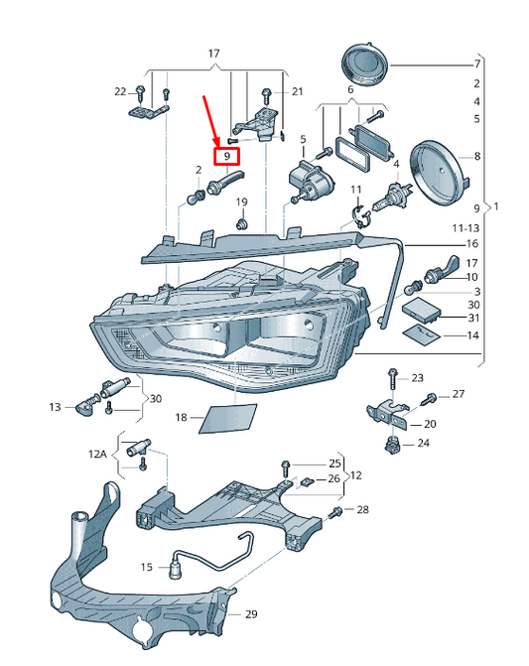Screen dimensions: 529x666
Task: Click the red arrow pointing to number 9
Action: click(211, 122)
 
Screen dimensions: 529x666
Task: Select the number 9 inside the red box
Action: click(227, 156)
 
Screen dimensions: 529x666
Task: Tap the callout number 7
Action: click(477, 65)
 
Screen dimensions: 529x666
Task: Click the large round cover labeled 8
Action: click(439, 173)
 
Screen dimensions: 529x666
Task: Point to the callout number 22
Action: click(120, 91)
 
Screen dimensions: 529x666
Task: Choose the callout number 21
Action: click(297, 91)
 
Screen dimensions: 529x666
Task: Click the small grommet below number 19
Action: click(241, 223)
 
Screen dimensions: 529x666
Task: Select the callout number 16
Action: click(472, 244)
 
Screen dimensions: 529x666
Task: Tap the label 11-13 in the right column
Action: click(465, 228)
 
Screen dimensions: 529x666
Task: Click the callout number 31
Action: click(473, 318)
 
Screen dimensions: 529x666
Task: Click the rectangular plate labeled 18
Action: click(228, 419)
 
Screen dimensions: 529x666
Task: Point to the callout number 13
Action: click(55, 407)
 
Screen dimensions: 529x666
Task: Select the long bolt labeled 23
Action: click(392, 379)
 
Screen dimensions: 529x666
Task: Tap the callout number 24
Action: click(423, 443)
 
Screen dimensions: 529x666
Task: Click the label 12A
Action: click(97, 454)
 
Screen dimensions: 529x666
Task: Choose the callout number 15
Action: click(147, 567)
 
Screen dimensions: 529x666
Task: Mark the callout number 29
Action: click(251, 614)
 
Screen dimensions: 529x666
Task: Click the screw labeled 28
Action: click(335, 513)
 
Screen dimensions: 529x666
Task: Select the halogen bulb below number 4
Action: click(391, 197)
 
